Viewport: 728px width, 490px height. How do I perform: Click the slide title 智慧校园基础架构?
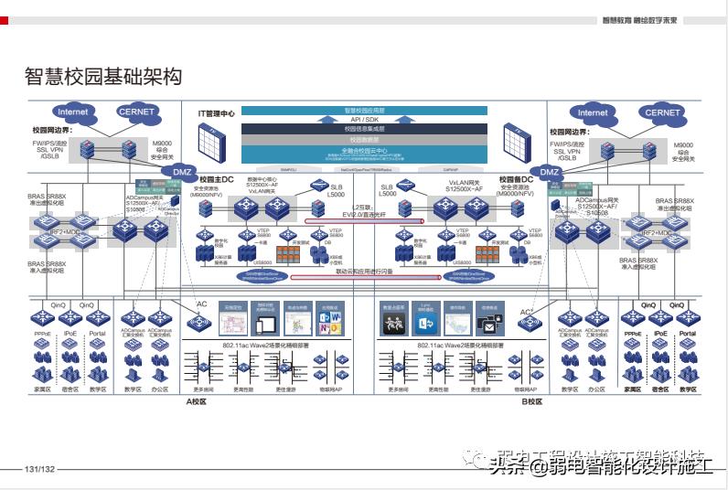(102, 76)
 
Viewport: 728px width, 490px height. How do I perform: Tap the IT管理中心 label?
(217, 113)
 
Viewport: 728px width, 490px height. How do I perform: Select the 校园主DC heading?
(217, 179)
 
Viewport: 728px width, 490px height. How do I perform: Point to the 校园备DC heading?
(516, 179)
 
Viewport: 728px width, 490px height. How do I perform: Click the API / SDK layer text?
(365, 120)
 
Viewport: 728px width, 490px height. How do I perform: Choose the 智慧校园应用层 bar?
(365, 111)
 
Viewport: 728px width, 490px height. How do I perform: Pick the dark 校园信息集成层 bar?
(365, 130)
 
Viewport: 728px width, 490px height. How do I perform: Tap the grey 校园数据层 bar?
(365, 140)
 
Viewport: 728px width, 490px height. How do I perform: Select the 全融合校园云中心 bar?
(365, 150)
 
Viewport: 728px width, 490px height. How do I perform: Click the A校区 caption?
(198, 400)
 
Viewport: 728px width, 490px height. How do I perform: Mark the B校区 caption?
(532, 400)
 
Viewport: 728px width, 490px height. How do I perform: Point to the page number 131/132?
(40, 469)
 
